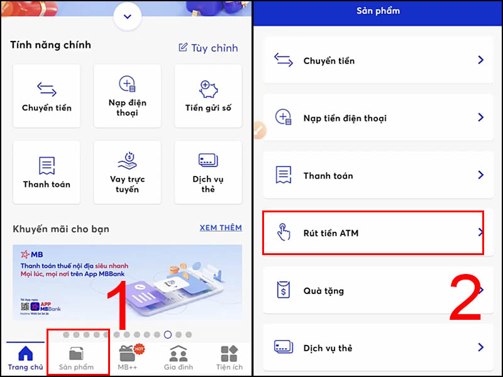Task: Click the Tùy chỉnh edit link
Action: (x=208, y=48)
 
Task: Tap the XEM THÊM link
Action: (x=220, y=228)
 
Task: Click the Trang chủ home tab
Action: (x=26, y=358)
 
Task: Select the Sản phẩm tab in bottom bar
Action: (x=76, y=358)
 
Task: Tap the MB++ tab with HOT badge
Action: (x=128, y=358)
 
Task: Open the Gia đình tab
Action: (x=179, y=358)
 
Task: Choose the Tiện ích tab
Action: (x=229, y=358)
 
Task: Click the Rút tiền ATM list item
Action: (x=373, y=233)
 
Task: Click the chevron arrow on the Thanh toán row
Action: (x=480, y=175)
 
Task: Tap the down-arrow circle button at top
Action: (x=128, y=16)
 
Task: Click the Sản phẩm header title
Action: (x=378, y=11)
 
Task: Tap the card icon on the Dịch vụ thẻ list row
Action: (x=284, y=347)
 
